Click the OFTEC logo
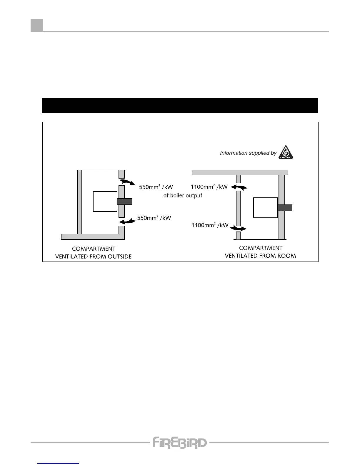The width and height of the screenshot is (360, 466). click(286, 152)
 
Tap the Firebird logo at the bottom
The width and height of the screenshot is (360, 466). click(179, 442)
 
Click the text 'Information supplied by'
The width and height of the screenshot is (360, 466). click(248, 153)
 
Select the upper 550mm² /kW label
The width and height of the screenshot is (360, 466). click(156, 187)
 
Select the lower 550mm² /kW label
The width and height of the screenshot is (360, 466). click(154, 218)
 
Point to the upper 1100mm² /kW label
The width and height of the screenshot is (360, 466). click(209, 187)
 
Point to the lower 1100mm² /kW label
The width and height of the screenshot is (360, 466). click(210, 225)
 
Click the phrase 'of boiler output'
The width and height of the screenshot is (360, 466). click(183, 195)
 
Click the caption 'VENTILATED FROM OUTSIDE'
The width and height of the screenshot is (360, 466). click(93, 257)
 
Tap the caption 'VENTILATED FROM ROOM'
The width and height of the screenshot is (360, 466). click(260, 256)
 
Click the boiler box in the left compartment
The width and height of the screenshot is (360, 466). click(105, 201)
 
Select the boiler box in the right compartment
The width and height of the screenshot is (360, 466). click(265, 207)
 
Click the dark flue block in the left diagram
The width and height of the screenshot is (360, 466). click(125, 202)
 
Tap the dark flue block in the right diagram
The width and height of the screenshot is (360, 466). click(285, 207)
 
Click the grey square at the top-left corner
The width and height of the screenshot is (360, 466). click(37, 25)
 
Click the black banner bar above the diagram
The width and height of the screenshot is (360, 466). click(179, 105)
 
